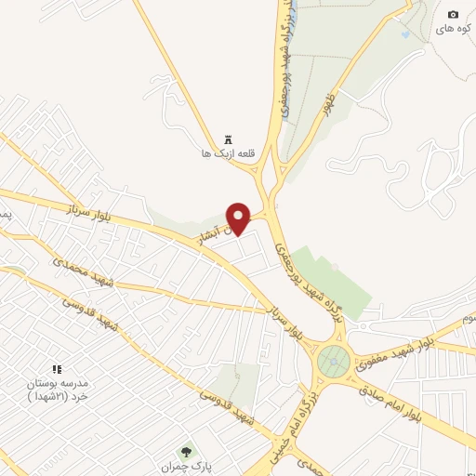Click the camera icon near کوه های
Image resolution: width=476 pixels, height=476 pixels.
click(x=453, y=14)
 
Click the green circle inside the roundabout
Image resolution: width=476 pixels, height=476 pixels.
click(x=334, y=361)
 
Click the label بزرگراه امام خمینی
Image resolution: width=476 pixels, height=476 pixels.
click(x=300, y=423)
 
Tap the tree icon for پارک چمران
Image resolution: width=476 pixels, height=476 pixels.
click(x=186, y=453)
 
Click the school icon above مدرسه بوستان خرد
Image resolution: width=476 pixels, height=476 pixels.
click(x=57, y=369)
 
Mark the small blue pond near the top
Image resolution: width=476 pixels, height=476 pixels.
click(x=405, y=35)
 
